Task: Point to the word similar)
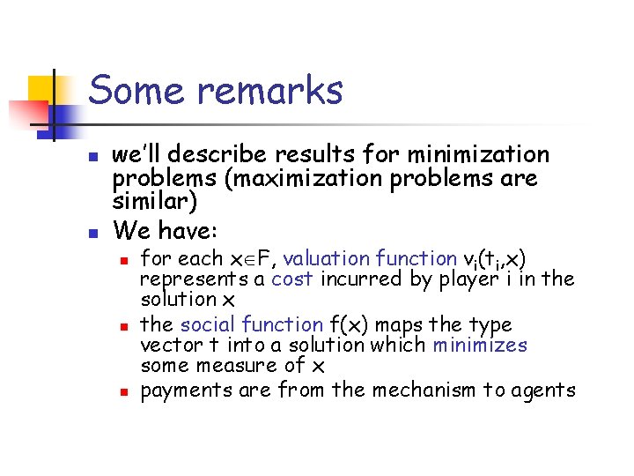[x=156, y=203]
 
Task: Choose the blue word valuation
[x=326, y=258]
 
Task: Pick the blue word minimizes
[x=480, y=346]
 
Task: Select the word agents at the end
[x=542, y=390]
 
